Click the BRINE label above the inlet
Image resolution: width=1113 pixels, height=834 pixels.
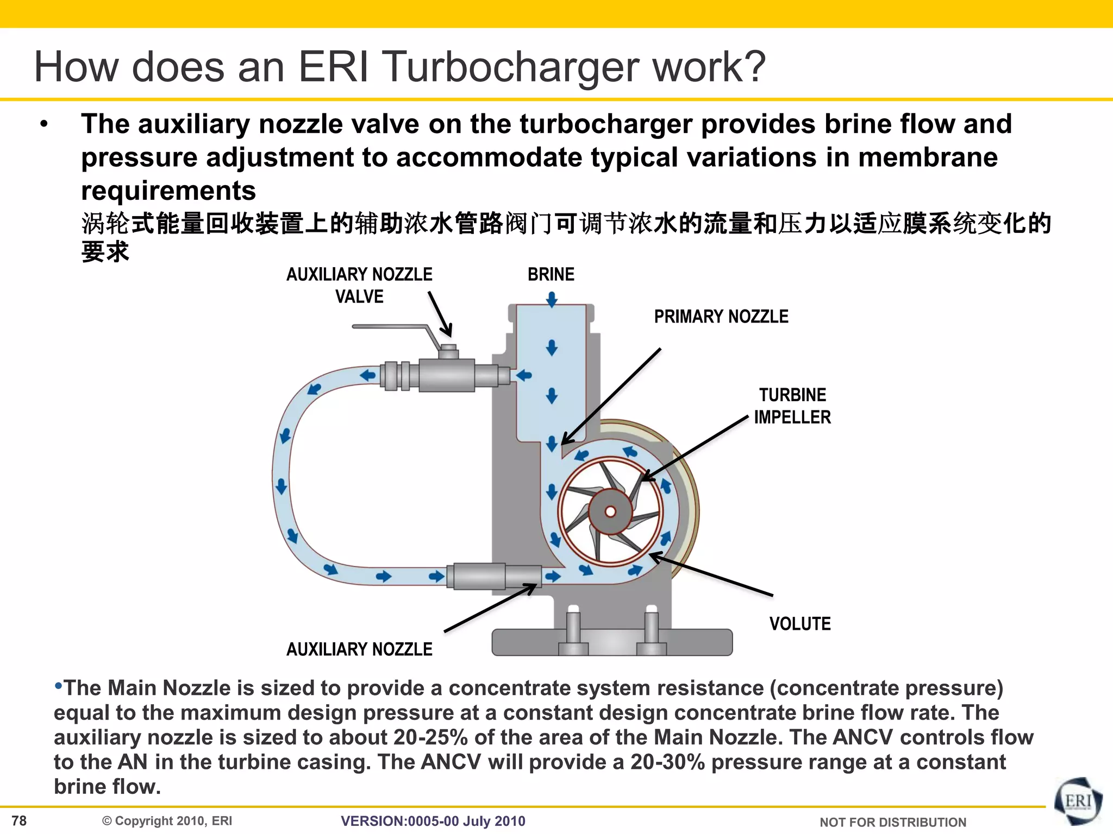click(551, 274)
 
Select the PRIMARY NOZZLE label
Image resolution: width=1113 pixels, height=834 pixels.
click(721, 317)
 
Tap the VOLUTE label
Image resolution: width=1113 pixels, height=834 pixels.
click(800, 624)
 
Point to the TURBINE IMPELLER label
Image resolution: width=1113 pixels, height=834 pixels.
click(792, 406)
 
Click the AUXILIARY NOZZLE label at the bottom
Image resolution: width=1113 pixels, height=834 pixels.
click(359, 649)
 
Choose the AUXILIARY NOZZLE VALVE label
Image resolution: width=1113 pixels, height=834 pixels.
click(359, 286)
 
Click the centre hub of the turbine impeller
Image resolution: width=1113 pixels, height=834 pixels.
click(610, 511)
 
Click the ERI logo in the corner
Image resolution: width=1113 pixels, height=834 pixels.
click(1078, 803)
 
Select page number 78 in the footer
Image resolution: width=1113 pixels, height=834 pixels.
click(19, 820)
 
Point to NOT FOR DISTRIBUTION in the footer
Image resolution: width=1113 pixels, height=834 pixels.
click(892, 822)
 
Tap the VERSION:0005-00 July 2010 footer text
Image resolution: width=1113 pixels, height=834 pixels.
click(433, 821)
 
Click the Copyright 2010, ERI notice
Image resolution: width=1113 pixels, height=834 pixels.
click(167, 821)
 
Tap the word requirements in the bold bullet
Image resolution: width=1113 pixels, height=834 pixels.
click(168, 191)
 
